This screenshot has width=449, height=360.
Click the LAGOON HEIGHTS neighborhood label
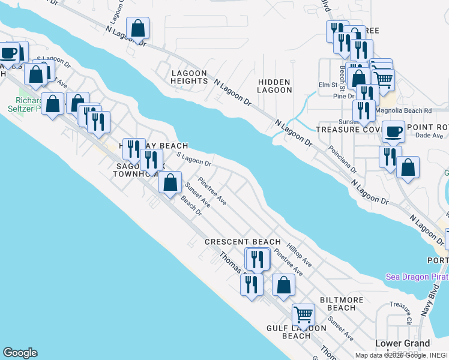point(189,77)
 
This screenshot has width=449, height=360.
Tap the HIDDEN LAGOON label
point(274,86)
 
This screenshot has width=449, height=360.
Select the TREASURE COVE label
point(348,129)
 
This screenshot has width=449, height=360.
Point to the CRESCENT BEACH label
point(243,242)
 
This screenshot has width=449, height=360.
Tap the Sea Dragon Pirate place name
point(417,277)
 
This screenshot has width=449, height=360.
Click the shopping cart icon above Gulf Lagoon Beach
point(304,314)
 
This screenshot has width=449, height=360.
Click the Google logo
point(20,353)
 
